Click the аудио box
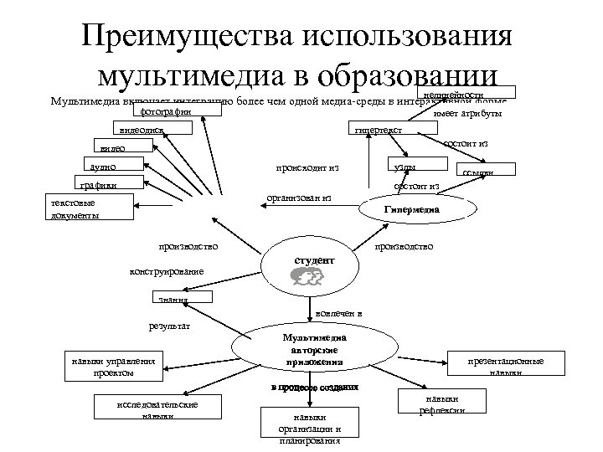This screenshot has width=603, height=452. coord(114,167)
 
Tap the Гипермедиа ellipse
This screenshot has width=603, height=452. coord(410,210)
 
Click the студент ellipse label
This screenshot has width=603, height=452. coord(314,260)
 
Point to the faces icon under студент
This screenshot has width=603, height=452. coord(307,282)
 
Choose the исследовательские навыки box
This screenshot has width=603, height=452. coord(157,408)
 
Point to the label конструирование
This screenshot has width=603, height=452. coord(166,271)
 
